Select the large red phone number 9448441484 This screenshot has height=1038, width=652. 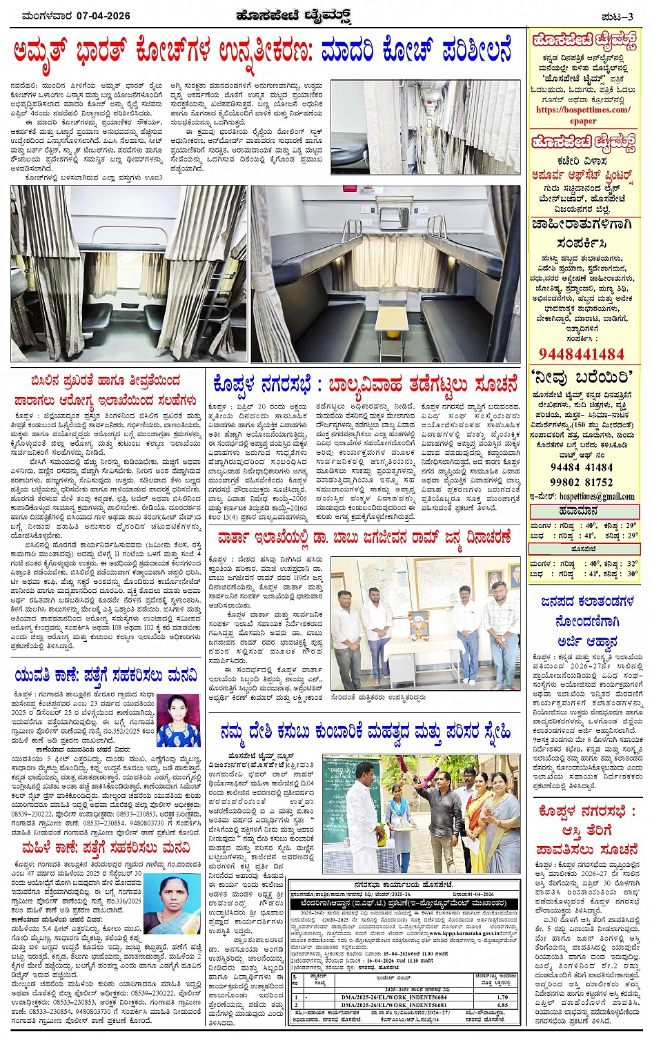tap(581, 354)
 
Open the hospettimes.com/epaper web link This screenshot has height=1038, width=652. tap(583, 115)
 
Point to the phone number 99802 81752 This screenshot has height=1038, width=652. tap(581, 482)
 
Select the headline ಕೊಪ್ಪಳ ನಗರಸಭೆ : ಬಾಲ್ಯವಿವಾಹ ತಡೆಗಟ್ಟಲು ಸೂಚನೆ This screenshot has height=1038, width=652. tap(366, 384)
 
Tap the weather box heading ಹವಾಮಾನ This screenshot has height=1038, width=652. tap(584, 511)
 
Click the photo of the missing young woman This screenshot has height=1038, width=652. tap(179, 719)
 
